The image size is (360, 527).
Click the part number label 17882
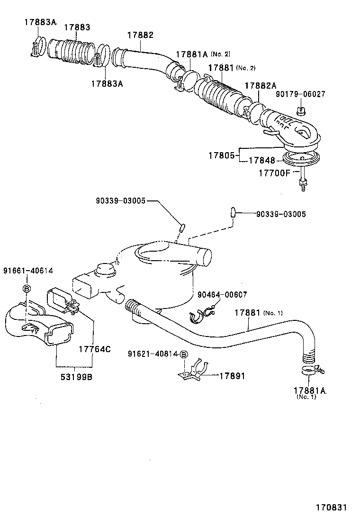tap(140, 36)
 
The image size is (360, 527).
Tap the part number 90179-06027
tap(300, 94)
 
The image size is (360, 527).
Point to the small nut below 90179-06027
tap(300, 112)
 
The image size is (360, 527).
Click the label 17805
tap(221, 155)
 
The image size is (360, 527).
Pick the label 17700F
tap(274, 173)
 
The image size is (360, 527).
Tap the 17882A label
tap(261, 85)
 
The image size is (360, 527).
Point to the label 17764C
tap(94, 350)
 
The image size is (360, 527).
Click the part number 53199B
tap(74, 378)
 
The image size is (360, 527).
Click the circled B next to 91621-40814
tap(184, 354)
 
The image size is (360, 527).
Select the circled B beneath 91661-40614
tap(27, 289)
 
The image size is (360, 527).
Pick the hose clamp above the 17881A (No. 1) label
tap(308, 370)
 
